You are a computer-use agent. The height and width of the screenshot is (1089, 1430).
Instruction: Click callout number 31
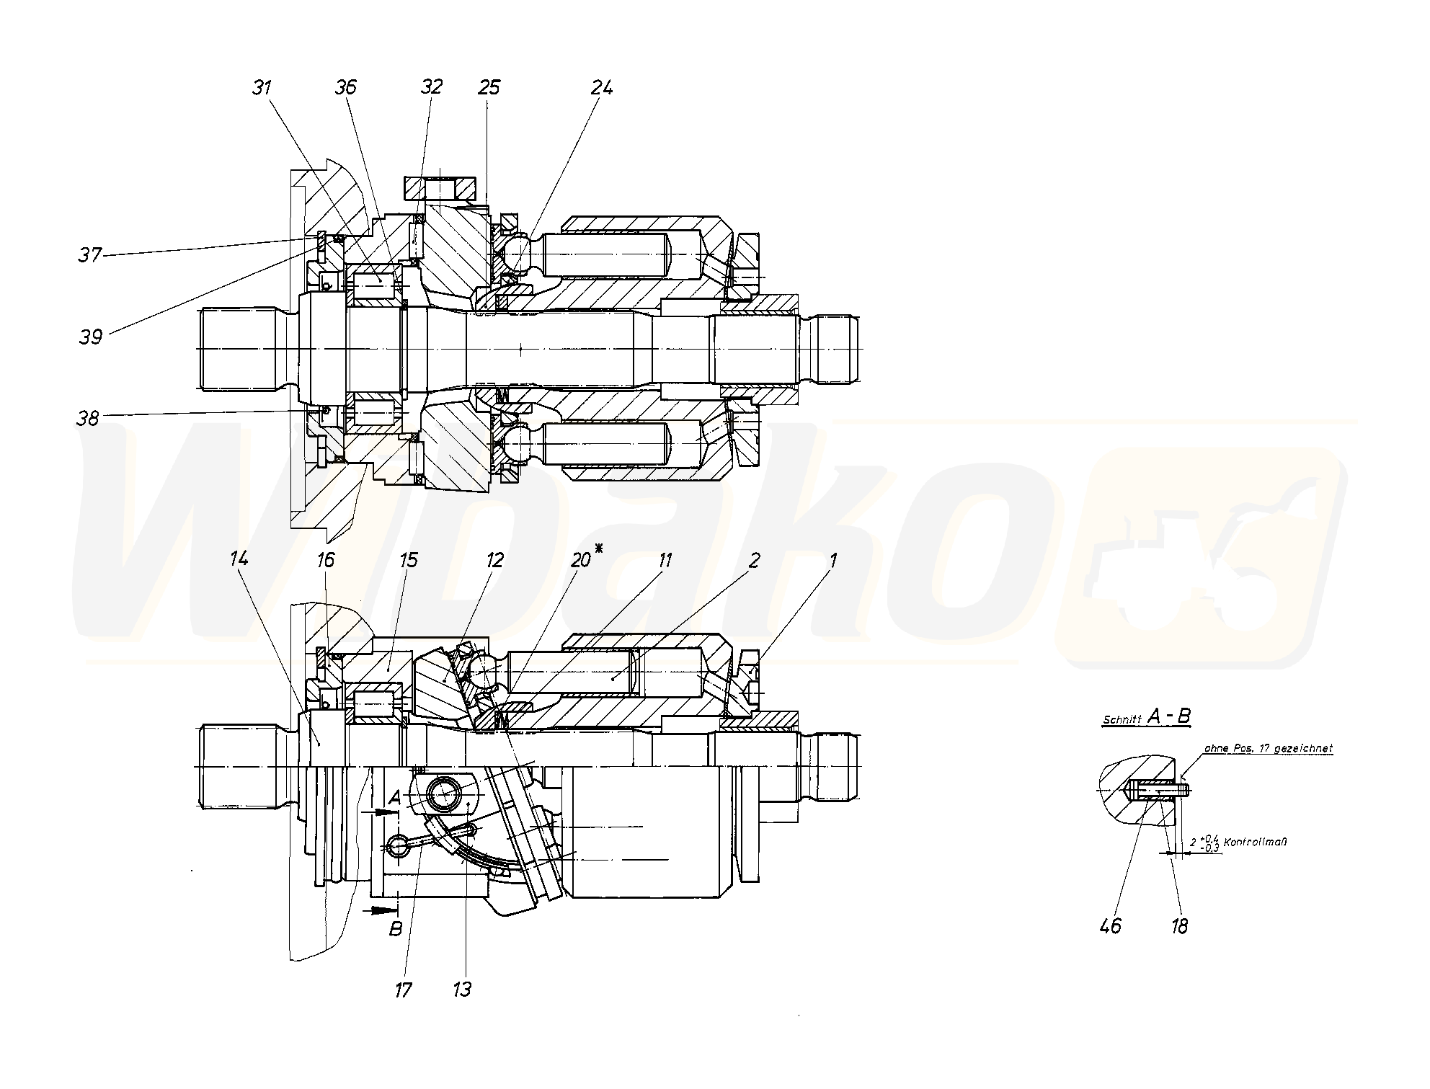[x=262, y=87]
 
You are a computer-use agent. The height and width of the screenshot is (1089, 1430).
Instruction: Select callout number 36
[x=346, y=87]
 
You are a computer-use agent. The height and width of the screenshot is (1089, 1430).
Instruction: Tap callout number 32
[x=431, y=87]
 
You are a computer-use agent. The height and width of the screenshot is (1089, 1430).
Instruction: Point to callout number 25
[x=489, y=87]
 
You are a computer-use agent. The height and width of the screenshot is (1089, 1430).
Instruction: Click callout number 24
[x=602, y=87]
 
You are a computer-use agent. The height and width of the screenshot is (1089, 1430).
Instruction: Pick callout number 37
[x=90, y=254]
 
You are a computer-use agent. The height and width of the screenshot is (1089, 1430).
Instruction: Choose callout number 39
[x=92, y=337]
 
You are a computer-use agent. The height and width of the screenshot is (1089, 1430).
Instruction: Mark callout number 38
[x=88, y=418]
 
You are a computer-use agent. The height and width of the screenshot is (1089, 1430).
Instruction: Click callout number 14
[x=239, y=558]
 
